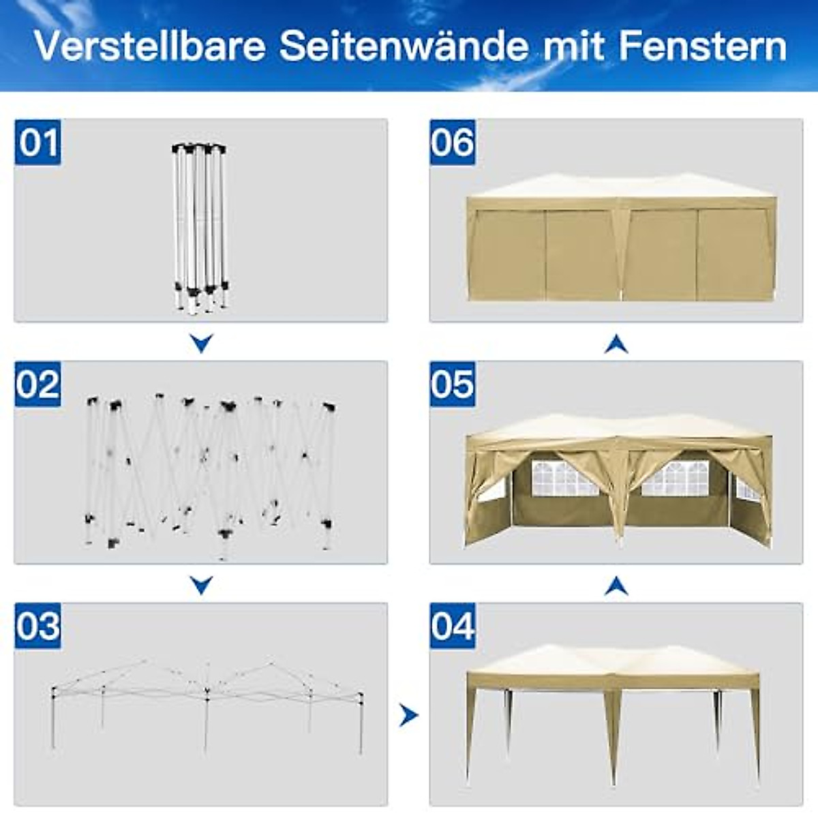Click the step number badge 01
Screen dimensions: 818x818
[38, 142]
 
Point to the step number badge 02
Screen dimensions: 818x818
[38, 384]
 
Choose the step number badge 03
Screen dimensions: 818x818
[38, 626]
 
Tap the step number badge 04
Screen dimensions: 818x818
[453, 626]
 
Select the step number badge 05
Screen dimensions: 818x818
[453, 384]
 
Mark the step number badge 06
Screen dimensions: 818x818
[453, 142]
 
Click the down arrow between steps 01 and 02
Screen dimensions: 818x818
[201, 342]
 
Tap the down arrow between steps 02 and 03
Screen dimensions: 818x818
[201, 584]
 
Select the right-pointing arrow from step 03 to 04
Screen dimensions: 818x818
[408, 715]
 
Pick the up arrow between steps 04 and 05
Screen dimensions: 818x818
[616, 585]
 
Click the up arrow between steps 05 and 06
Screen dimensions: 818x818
[616, 344]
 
